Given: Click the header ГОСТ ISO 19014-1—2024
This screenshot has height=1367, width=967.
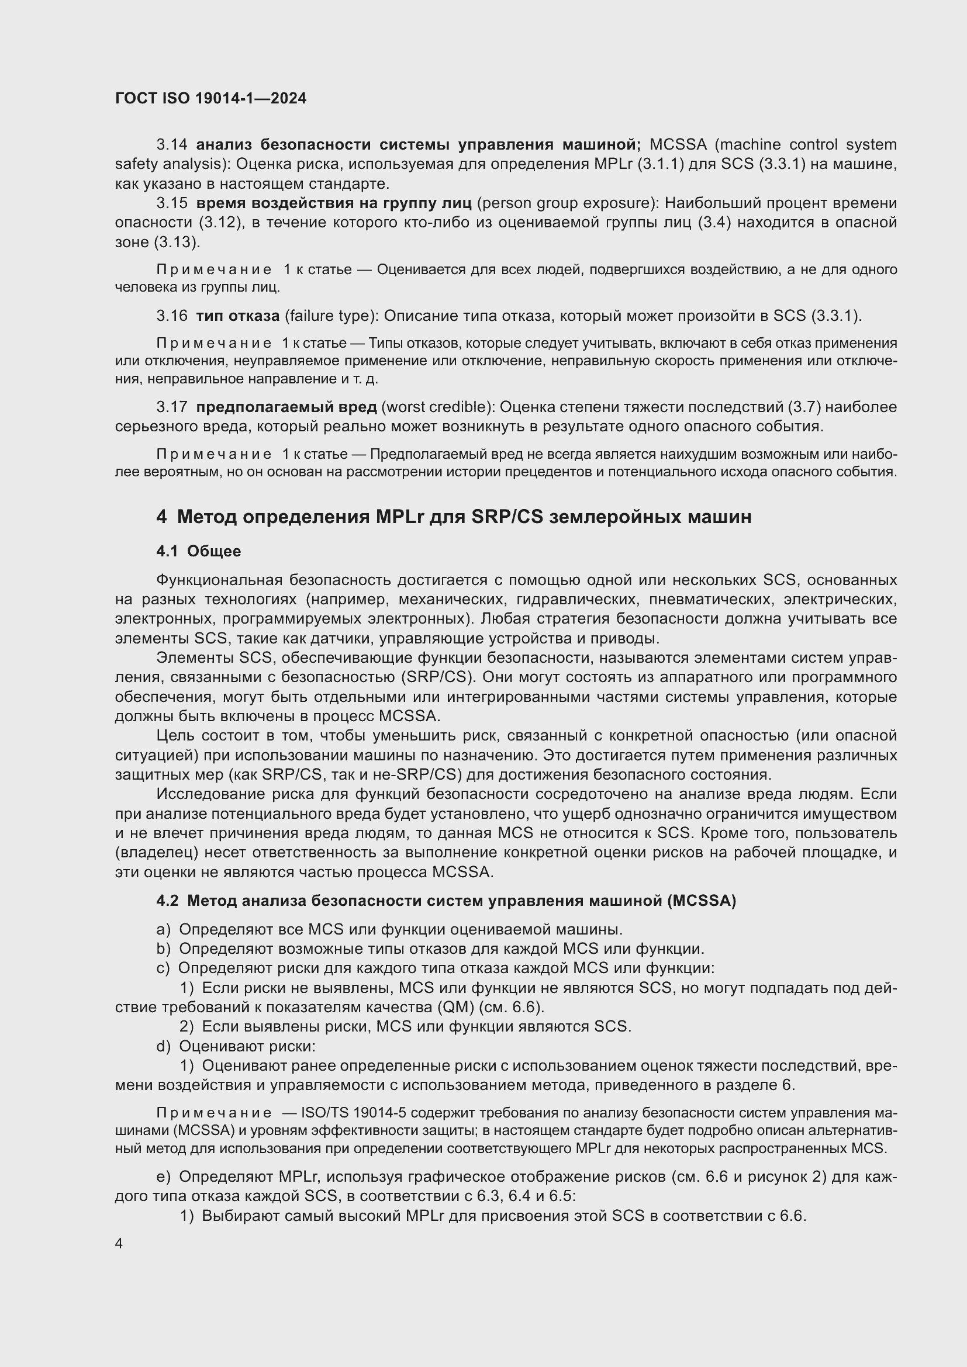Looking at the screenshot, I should [x=211, y=98].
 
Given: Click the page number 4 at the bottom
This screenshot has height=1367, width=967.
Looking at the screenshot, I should [x=119, y=1244].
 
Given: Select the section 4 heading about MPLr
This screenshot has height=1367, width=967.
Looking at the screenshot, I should [x=454, y=516].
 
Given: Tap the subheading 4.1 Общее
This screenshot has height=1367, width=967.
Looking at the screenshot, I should [x=198, y=551].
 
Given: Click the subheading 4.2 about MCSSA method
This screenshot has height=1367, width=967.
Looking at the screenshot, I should [x=446, y=901].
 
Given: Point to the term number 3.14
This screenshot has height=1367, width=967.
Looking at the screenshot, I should [x=171, y=145].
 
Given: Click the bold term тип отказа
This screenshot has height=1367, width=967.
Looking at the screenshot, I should [x=237, y=316].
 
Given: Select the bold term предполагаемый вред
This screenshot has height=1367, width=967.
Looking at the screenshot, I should [x=286, y=407].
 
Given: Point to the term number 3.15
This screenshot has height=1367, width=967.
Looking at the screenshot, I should [x=171, y=203].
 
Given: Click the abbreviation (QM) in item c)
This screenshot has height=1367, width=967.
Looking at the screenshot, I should [x=455, y=1007].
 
